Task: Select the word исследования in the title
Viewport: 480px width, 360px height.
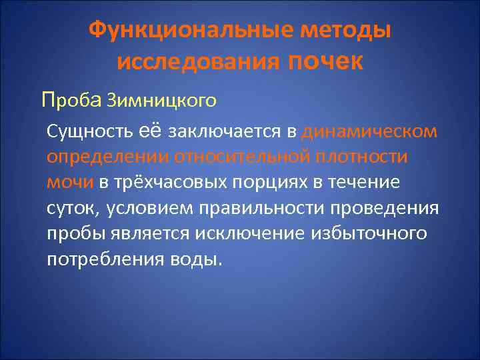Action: click(x=197, y=63)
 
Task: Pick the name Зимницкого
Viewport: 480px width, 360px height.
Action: click(x=161, y=101)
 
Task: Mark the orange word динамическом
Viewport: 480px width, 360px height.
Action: click(x=359, y=131)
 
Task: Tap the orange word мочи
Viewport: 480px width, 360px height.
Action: click(x=71, y=181)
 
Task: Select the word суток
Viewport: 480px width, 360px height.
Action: click(x=71, y=207)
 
